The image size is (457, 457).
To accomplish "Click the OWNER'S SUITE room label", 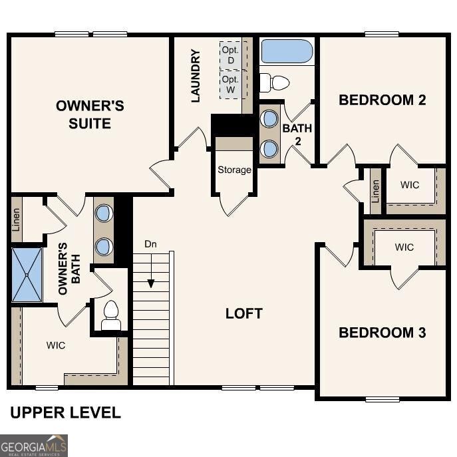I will point(90,114).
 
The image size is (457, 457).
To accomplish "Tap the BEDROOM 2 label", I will point(382,100).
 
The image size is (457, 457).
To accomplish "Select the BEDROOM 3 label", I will point(382,333).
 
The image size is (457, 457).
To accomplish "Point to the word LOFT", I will point(244,313).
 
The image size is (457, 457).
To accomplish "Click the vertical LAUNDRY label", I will point(196,75).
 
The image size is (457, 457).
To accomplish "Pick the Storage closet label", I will point(234,170).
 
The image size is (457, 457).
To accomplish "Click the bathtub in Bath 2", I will point(287,51).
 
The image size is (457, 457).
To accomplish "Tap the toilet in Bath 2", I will point(275,83).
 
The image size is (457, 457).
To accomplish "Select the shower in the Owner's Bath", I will point(27,273).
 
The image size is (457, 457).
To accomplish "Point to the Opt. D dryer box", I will point(231,55).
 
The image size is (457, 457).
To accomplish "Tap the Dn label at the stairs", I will point(151,243).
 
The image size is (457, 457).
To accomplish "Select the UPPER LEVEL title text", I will point(65,412).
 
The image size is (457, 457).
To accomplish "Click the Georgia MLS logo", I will point(34,445).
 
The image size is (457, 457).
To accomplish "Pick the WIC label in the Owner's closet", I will point(56,345).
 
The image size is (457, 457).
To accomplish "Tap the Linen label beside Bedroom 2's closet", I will point(376,192).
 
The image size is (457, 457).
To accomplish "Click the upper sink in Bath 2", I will point(269,119).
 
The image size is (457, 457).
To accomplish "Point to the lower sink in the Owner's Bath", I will point(104,247).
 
